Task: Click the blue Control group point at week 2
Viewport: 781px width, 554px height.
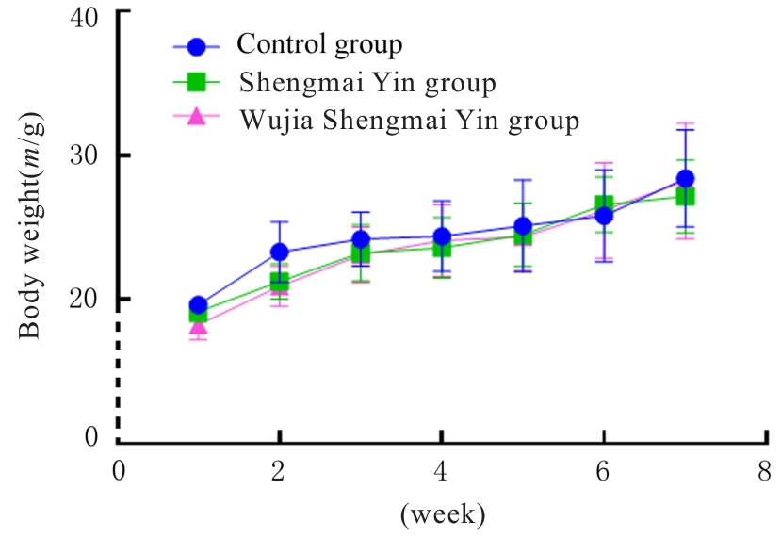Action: [279, 252]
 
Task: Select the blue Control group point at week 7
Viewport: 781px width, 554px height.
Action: [685, 179]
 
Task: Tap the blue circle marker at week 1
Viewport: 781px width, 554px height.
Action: [198, 305]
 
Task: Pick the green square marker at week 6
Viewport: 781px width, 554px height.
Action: [604, 204]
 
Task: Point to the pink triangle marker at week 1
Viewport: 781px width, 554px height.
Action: [198, 326]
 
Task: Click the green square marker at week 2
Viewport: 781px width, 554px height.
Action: [279, 281]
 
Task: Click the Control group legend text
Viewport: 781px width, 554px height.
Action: [319, 44]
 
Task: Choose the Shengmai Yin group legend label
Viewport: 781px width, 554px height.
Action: [367, 83]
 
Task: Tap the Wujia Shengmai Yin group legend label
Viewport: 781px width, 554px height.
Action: [409, 121]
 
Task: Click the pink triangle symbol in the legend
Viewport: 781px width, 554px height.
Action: [196, 119]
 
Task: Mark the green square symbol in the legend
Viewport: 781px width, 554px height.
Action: [196, 83]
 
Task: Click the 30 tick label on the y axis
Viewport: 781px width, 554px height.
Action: [89, 155]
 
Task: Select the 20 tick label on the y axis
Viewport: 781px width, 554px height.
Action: [89, 299]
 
